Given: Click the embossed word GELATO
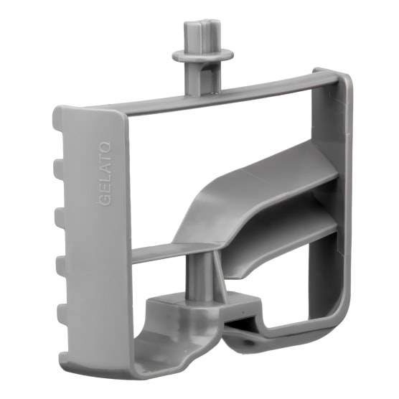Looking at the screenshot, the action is click(x=105, y=173).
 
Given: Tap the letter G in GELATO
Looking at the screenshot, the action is click(x=105, y=200).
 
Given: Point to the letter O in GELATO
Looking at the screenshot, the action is click(x=105, y=146).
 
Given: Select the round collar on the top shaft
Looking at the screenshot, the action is click(x=202, y=55).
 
